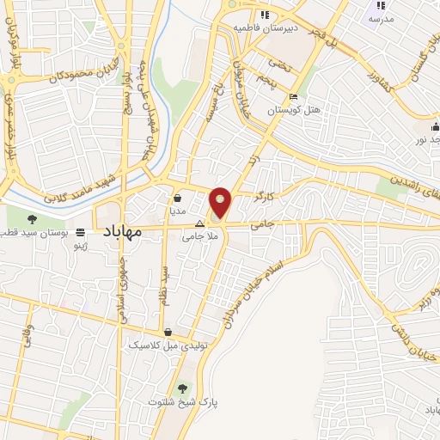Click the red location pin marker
(221, 201)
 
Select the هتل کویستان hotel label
(294, 110)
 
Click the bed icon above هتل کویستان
(294, 97)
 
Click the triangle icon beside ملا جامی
(199, 223)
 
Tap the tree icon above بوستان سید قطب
(32, 219)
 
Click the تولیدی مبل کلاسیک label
(162, 345)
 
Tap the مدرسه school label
(381, 18)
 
